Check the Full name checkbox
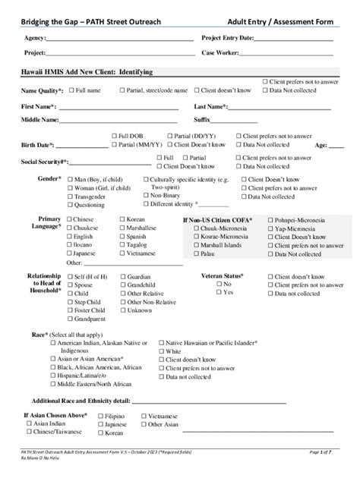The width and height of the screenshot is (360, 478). pos(71,90)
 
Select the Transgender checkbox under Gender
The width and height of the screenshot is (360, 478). pos(70,196)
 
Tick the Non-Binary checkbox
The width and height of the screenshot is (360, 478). pos(146,195)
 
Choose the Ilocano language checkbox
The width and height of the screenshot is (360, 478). pos(69,245)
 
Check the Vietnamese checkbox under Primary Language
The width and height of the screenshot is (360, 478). pos(122,253)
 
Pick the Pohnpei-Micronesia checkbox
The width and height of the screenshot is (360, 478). pos(271,219)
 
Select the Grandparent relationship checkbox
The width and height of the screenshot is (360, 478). pos(69,319)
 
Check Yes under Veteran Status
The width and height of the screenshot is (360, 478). pos(219,292)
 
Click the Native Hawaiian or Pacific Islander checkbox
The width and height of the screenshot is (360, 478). pos(159,343)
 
